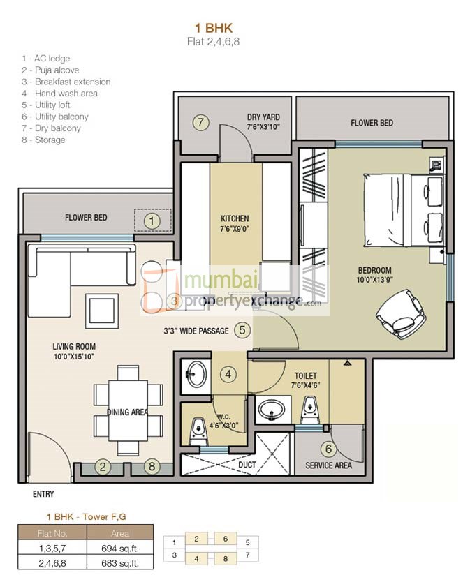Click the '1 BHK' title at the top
coord(214,28)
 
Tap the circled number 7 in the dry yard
coord(200,122)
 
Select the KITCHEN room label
coord(235,218)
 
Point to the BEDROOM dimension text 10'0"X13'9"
coord(375,280)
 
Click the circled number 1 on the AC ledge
coord(152,221)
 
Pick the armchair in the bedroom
coord(401,313)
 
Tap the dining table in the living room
coord(128,410)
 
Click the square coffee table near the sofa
coord(102,311)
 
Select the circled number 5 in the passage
coord(242,330)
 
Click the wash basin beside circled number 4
coord(196,374)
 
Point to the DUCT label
coord(247,465)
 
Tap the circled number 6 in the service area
coord(328,449)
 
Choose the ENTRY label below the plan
coord(43,494)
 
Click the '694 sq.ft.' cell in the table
coord(120,549)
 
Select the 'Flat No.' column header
coord(52,533)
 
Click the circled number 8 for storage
coord(152,466)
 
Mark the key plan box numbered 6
coord(226,539)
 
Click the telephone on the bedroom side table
coord(435,164)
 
